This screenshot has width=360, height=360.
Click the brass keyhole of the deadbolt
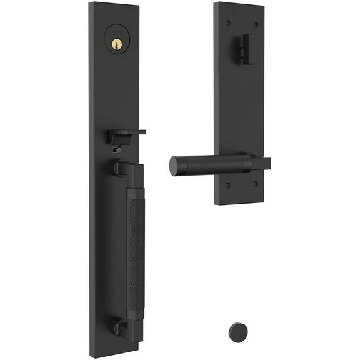116,44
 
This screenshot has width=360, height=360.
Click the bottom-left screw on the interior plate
227,185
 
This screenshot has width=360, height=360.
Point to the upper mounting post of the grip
120,167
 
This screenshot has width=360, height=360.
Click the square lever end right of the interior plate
263,164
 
